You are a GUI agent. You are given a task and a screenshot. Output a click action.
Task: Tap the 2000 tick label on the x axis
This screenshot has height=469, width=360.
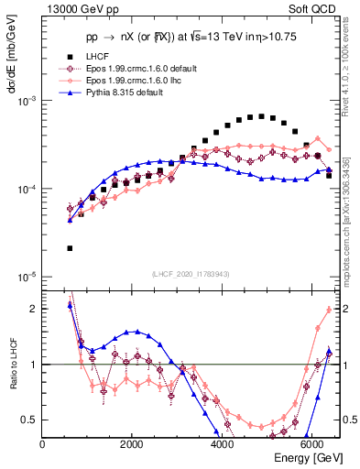[132, 443]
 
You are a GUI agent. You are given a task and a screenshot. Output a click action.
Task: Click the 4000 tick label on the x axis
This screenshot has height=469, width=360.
[222, 443]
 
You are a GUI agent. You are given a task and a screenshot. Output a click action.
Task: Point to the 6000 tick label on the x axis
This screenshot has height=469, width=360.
[311, 443]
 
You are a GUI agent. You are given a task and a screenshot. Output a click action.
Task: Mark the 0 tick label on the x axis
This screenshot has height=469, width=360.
[43, 443]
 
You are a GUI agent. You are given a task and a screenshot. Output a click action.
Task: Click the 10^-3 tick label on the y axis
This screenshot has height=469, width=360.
[27, 101]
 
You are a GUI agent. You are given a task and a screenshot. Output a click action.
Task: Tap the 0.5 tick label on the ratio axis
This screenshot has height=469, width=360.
[28, 420]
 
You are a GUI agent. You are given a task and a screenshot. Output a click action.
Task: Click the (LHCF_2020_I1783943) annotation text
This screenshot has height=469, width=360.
[191, 274]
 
